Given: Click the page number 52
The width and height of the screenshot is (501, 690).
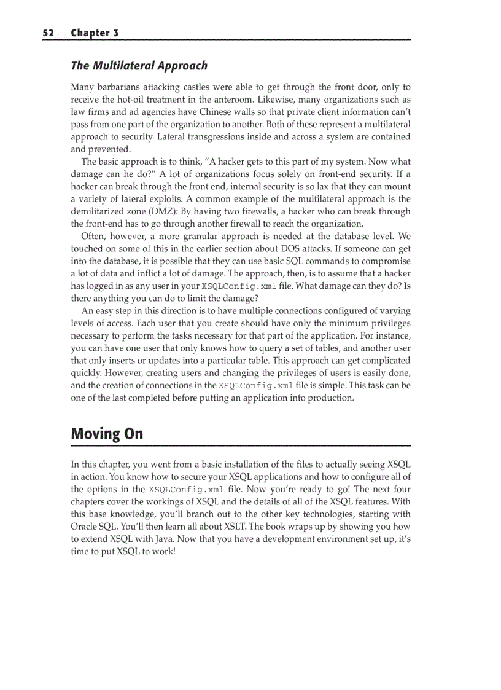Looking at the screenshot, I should [49, 33].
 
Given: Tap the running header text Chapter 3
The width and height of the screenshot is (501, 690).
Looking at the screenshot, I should [95, 33].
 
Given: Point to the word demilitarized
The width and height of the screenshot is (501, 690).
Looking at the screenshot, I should [99, 212].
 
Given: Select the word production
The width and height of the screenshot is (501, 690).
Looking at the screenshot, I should [330, 398].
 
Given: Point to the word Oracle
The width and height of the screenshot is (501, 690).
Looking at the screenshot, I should [85, 527].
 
